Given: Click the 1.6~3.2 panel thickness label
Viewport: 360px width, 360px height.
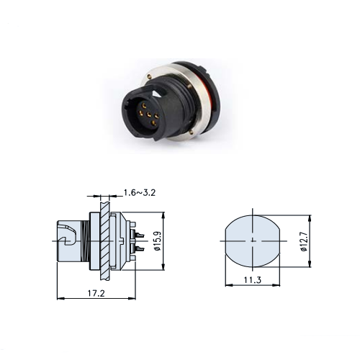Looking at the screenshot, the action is click(x=140, y=192).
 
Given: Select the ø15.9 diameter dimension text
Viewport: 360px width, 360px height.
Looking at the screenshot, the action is click(x=158, y=241).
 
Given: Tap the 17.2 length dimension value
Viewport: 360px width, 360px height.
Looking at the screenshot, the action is click(x=96, y=293).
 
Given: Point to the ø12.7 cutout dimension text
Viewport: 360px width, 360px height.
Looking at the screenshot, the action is click(x=304, y=241).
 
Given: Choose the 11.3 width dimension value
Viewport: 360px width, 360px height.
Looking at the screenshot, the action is click(x=253, y=280).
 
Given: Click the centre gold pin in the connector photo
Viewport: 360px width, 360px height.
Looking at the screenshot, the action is click(x=149, y=114).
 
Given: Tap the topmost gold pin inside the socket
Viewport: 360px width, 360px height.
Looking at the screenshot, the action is click(x=144, y=105).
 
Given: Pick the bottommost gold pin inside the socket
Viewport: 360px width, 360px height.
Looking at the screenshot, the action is click(x=153, y=124).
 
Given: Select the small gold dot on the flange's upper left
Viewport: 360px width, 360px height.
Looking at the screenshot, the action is click(x=150, y=76).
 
